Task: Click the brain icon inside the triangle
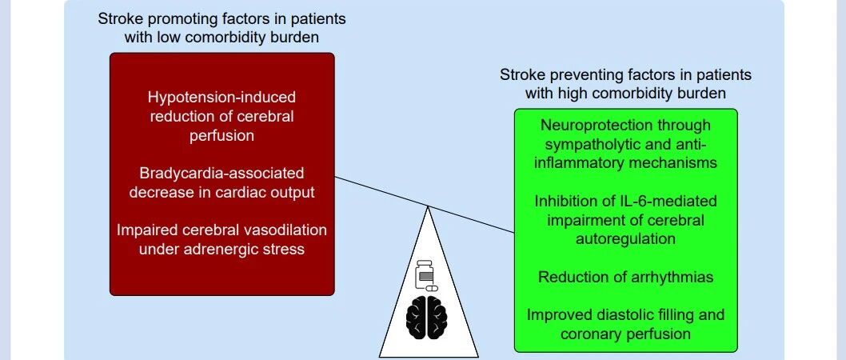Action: [x=427, y=317]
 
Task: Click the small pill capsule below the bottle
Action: [x=432, y=288]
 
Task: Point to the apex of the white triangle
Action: [x=429, y=206]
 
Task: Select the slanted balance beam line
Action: [x=425, y=205]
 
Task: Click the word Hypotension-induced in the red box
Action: [x=221, y=97]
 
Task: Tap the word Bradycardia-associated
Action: [x=221, y=174]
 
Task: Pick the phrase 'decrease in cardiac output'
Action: [x=221, y=192]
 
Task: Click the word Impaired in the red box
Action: [x=146, y=230]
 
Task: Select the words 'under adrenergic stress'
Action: [x=221, y=249]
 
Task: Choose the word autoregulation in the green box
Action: [x=626, y=238]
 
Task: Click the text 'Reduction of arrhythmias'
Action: [x=626, y=277]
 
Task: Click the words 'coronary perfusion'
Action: [x=626, y=334]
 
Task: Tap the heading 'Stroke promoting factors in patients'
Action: [x=221, y=19]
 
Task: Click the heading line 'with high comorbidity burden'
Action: [x=626, y=93]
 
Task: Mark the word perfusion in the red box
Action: [x=221, y=135]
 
